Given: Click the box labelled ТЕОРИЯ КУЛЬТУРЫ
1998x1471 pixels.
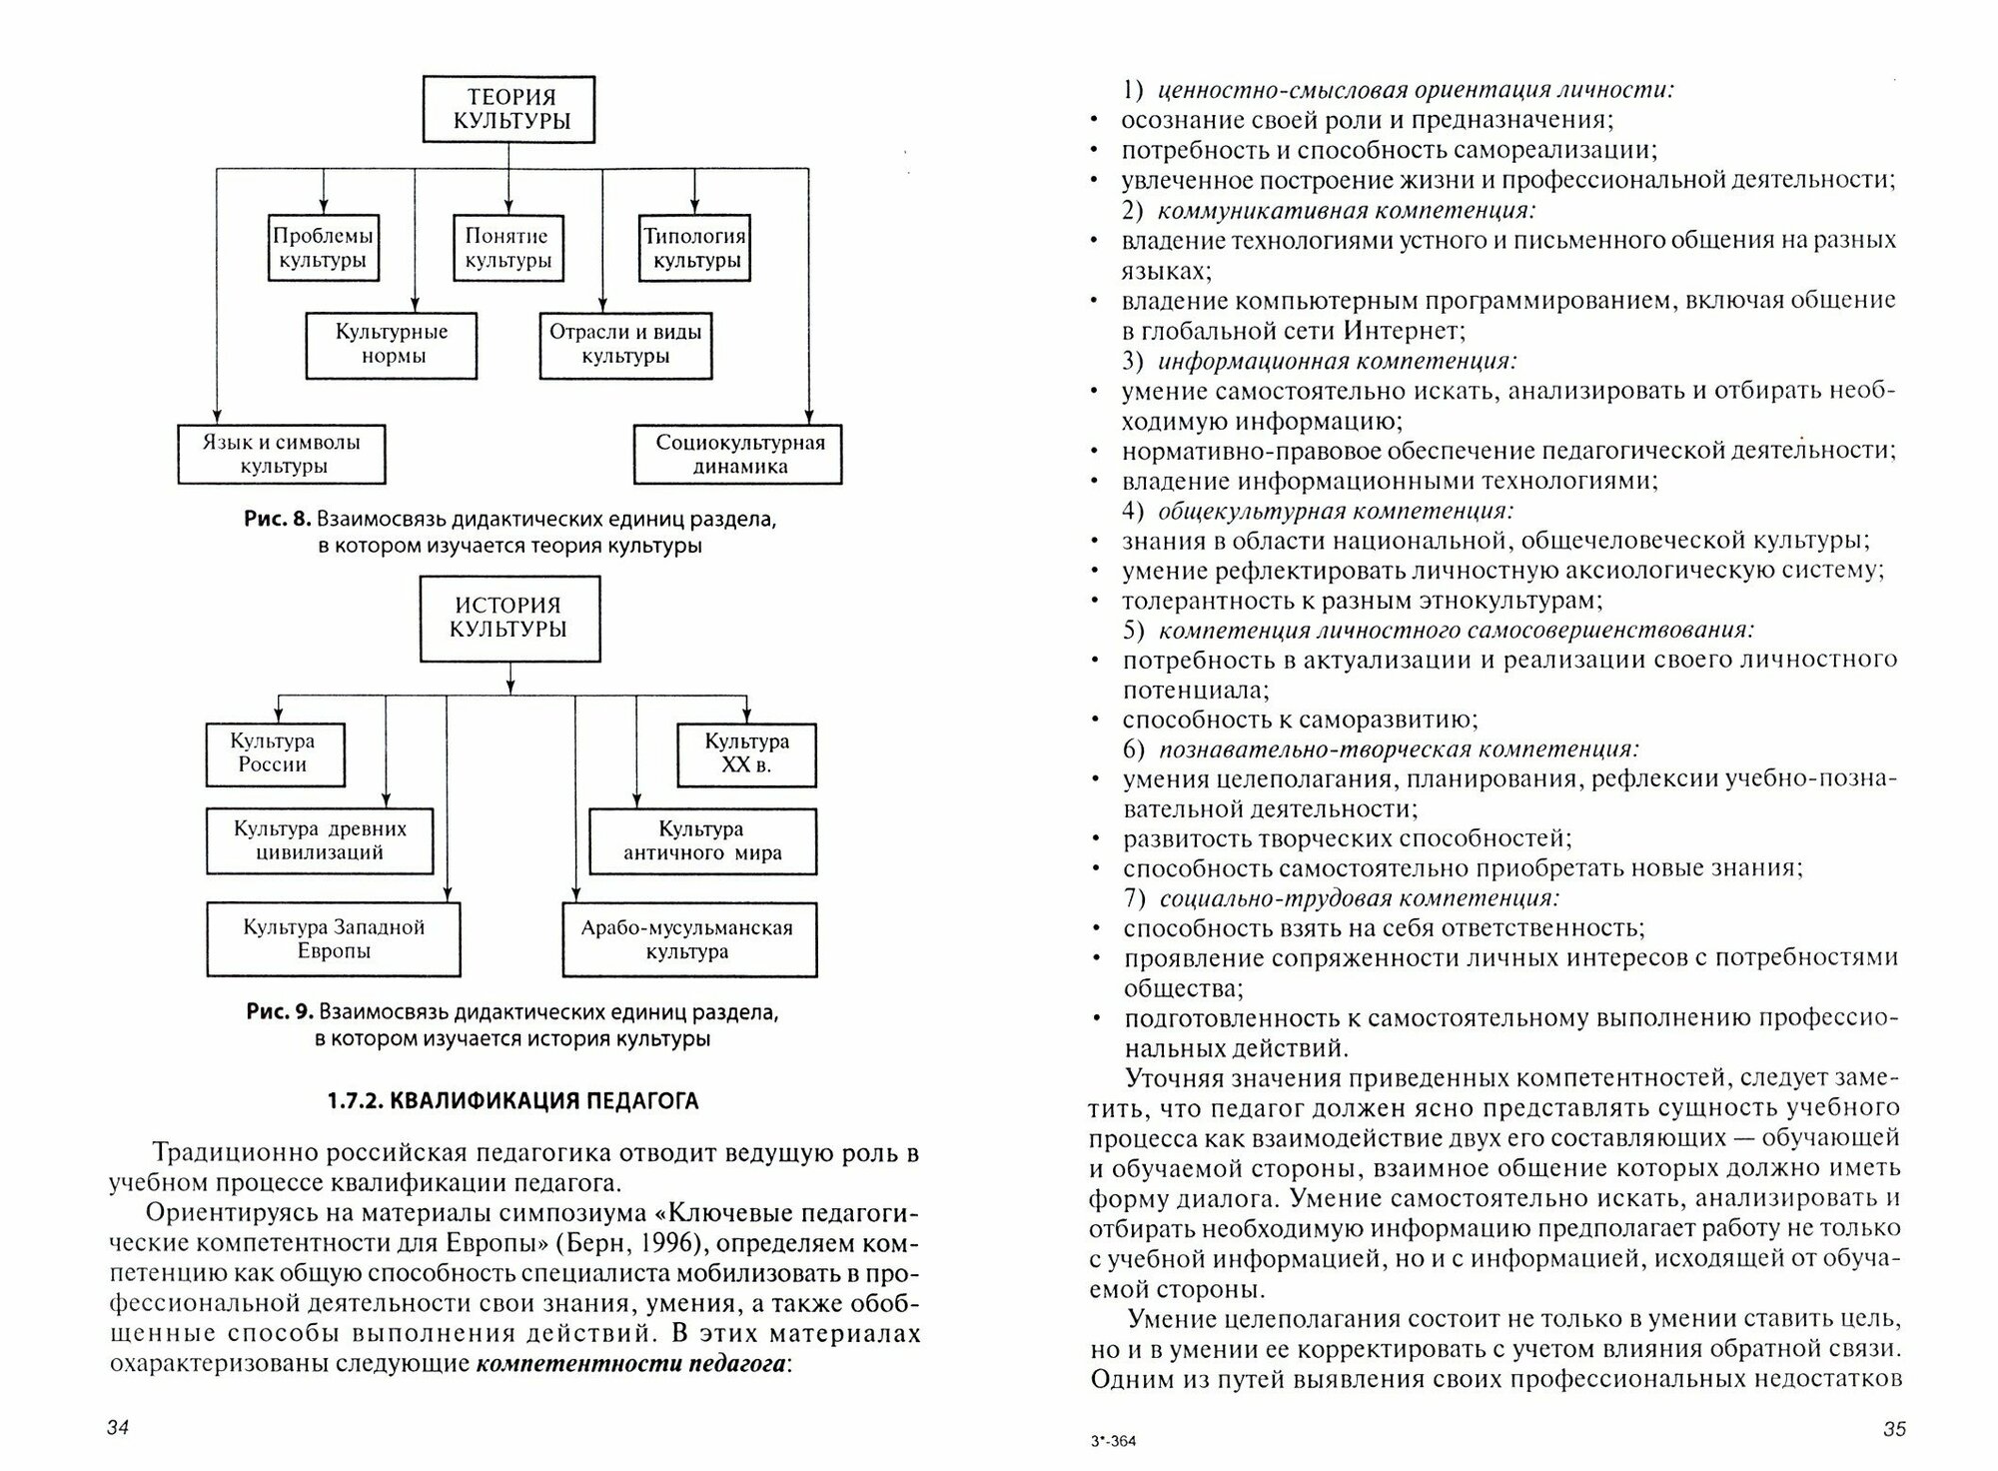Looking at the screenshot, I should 509,109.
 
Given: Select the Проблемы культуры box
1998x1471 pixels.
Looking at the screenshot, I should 323,248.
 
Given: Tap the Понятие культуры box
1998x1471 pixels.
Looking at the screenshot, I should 507,248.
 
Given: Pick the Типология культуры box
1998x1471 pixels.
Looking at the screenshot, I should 695,248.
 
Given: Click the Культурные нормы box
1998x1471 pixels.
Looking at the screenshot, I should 391,345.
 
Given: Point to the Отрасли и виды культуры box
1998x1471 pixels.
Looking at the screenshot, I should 625,345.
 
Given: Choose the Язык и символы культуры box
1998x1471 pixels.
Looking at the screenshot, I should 281,455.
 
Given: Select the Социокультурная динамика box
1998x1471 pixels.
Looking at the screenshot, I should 739,455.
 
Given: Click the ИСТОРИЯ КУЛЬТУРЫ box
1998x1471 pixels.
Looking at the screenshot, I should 509,618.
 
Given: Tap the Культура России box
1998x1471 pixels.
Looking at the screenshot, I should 273,753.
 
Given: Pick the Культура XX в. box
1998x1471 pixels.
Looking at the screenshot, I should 746,753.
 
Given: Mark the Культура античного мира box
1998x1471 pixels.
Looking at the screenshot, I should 701,841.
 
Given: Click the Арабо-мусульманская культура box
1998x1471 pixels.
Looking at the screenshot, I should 687,939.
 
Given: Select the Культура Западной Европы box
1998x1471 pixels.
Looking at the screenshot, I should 334,939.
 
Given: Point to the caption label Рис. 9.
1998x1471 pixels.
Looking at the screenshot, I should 280,1011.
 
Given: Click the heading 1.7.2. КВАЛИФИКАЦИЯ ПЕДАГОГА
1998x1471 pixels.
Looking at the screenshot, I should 512,1101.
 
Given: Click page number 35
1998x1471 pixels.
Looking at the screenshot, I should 1894,1429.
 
